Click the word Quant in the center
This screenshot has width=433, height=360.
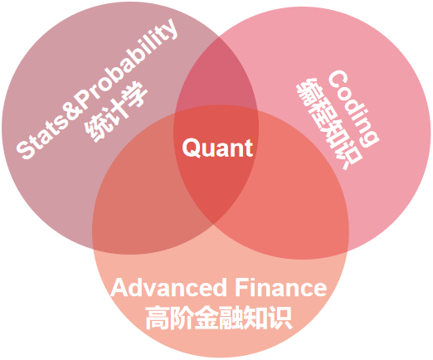point(217,148)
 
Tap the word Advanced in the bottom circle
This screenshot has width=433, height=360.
point(168,288)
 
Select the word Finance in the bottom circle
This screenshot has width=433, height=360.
point(281,288)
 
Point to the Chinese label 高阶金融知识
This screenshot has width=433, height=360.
point(218,318)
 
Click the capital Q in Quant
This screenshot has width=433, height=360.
point(191,148)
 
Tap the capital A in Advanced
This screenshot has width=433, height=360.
point(120,288)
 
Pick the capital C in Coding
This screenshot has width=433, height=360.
point(338,78)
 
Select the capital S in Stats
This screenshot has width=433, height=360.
point(24,149)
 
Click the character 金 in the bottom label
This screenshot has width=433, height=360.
point(206,318)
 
